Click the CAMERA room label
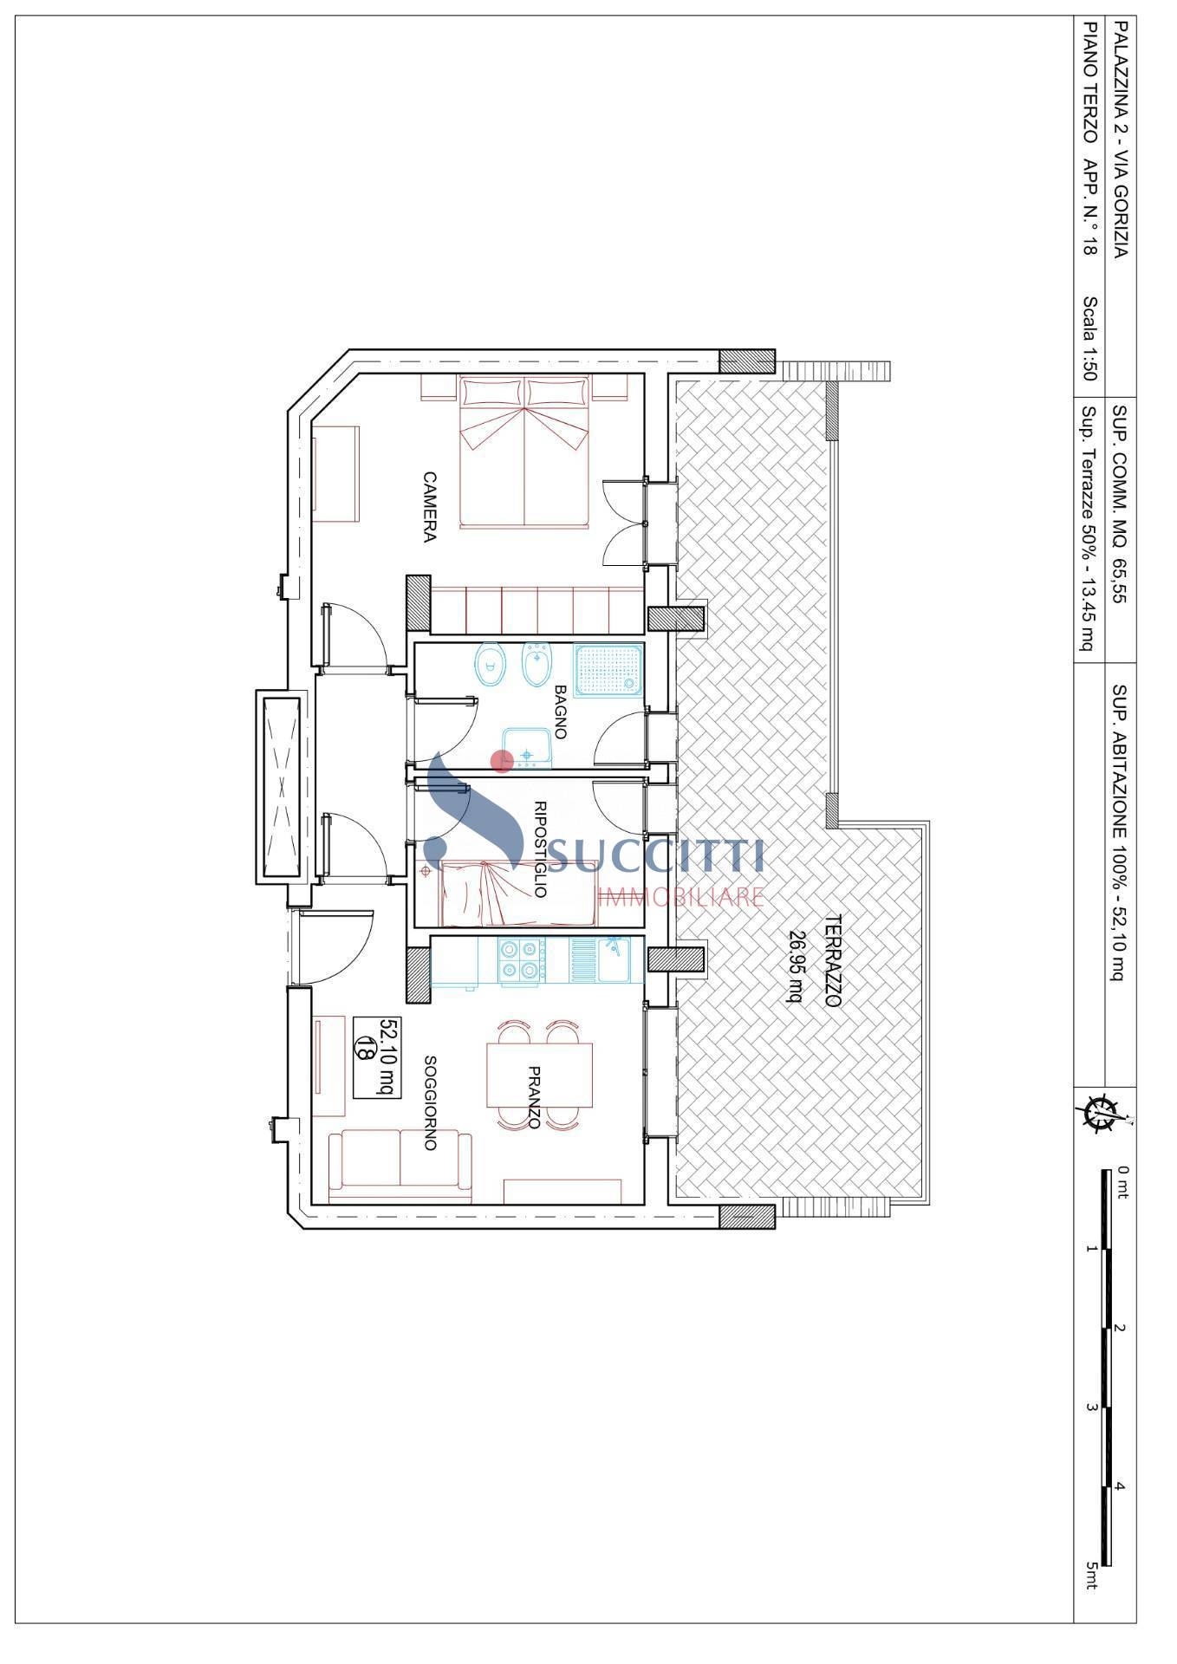coord(429,506)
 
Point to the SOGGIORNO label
coord(429,1102)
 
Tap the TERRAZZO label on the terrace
coord(833,959)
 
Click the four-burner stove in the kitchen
coord(520,959)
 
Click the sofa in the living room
coord(400,1166)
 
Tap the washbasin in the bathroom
coord(527,748)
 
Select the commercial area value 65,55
coord(1120,580)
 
